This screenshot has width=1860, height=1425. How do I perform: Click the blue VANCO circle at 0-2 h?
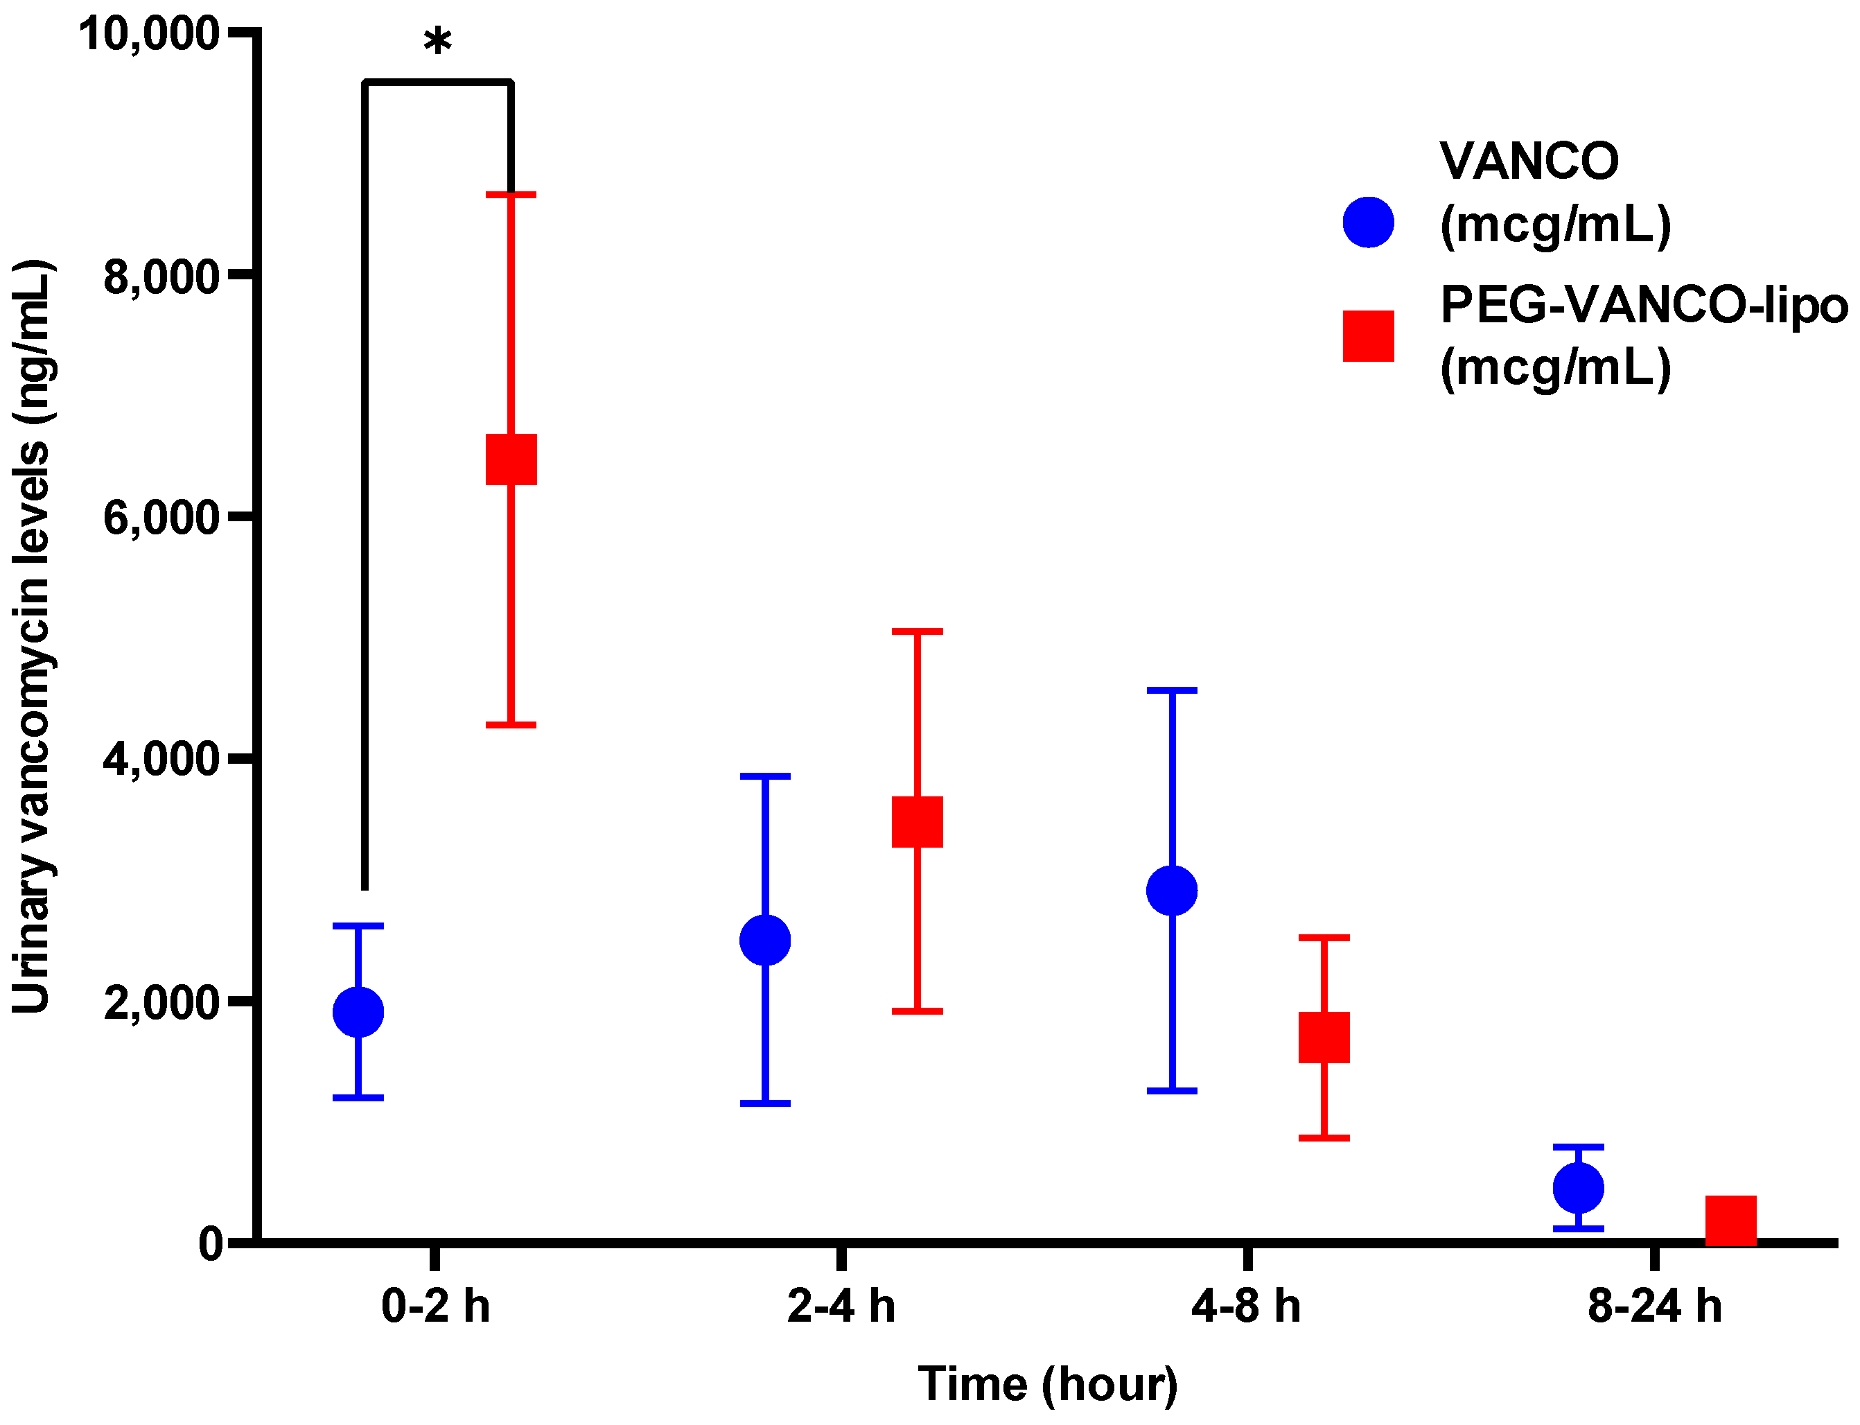tap(358, 1011)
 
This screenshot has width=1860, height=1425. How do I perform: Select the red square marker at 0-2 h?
tap(511, 459)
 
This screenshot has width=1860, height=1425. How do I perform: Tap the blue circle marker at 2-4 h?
tap(764, 940)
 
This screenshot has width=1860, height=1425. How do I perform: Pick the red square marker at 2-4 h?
tap(917, 821)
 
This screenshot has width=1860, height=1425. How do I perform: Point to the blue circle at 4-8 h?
tap(1171, 891)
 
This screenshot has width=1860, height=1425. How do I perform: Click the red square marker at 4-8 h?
tap(1324, 1036)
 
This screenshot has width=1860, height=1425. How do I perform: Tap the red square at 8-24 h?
tap(1730, 1220)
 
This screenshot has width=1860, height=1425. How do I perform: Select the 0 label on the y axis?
tap(211, 1243)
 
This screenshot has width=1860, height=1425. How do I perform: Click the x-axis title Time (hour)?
tap(1048, 1384)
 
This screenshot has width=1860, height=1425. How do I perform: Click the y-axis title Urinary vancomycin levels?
tap(33, 636)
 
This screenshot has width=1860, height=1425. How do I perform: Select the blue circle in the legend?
tap(1368, 222)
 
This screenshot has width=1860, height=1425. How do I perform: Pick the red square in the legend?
tap(1368, 336)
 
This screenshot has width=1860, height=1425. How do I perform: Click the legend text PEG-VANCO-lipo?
tap(1643, 306)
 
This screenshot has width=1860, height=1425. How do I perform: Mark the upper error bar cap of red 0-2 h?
tap(511, 195)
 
